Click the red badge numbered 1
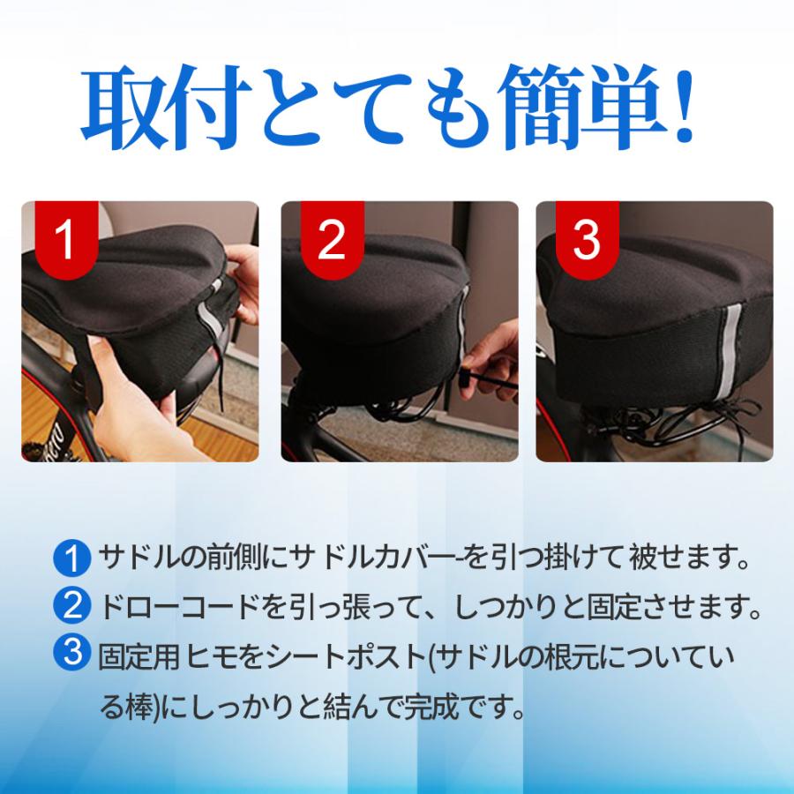(66, 239)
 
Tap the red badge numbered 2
(333, 239)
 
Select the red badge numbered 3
(588, 239)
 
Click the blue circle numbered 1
(72, 558)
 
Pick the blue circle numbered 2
(72, 605)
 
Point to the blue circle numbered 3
(72, 653)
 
